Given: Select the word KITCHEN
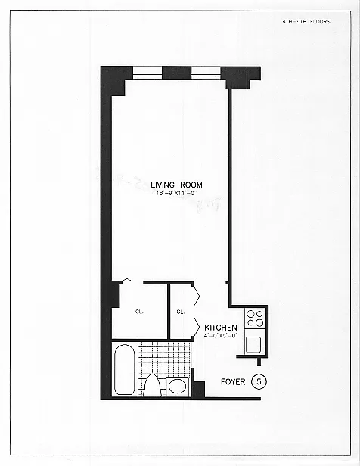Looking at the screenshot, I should click(221, 327).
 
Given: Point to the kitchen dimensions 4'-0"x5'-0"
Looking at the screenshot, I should click(220, 335).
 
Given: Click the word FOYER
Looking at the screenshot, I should click(232, 382).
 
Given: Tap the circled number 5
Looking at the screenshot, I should click(259, 381).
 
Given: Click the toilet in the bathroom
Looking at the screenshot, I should click(153, 385).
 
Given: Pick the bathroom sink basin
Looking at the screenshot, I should click(178, 386).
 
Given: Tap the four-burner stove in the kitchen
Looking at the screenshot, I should click(255, 318).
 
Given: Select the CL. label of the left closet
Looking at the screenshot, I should click(140, 311).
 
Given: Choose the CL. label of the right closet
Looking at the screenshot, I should click(182, 311).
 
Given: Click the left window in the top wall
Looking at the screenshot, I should click(147, 73).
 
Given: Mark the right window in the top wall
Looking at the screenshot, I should click(205, 73).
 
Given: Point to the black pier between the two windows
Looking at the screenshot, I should click(176, 73).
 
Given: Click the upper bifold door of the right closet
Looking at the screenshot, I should click(196, 293).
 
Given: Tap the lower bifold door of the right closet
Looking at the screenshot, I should click(196, 326).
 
